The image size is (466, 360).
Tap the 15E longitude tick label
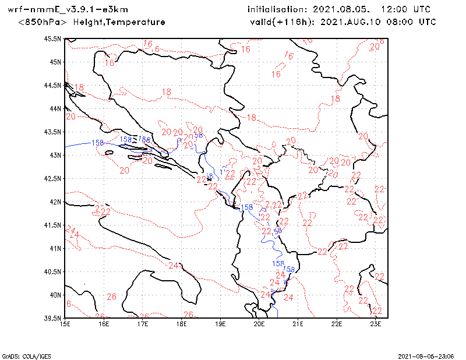pyautogui.click(x=65, y=324)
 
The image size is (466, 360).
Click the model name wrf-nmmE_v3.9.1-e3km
pyautogui.click(x=68, y=10)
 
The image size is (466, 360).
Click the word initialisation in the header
pyautogui.click(x=277, y=10)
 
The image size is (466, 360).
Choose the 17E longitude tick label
pyautogui.click(x=143, y=324)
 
